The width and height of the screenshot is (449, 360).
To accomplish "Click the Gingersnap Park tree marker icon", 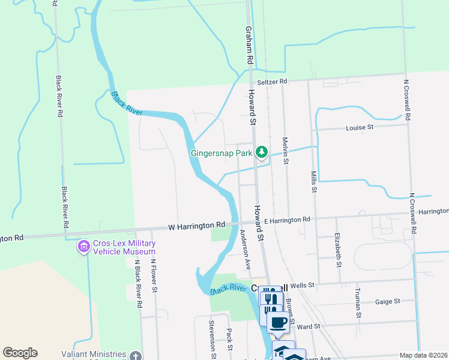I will click(x=262, y=152).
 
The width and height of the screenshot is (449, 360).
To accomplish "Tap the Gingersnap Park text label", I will click(x=221, y=153).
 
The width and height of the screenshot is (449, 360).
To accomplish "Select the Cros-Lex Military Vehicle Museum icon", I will click(x=82, y=247).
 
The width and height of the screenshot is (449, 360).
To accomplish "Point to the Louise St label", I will click(x=360, y=127).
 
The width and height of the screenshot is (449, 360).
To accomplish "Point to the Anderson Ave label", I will click(x=245, y=248).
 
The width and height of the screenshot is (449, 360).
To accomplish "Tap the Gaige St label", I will click(x=387, y=302).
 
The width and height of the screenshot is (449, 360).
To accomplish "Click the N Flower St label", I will click(x=154, y=275).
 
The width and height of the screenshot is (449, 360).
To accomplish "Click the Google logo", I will click(x=20, y=353).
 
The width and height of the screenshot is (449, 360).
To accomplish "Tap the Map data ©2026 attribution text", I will click(x=423, y=355).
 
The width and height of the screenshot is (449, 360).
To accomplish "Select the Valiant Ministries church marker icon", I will click(x=136, y=356).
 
